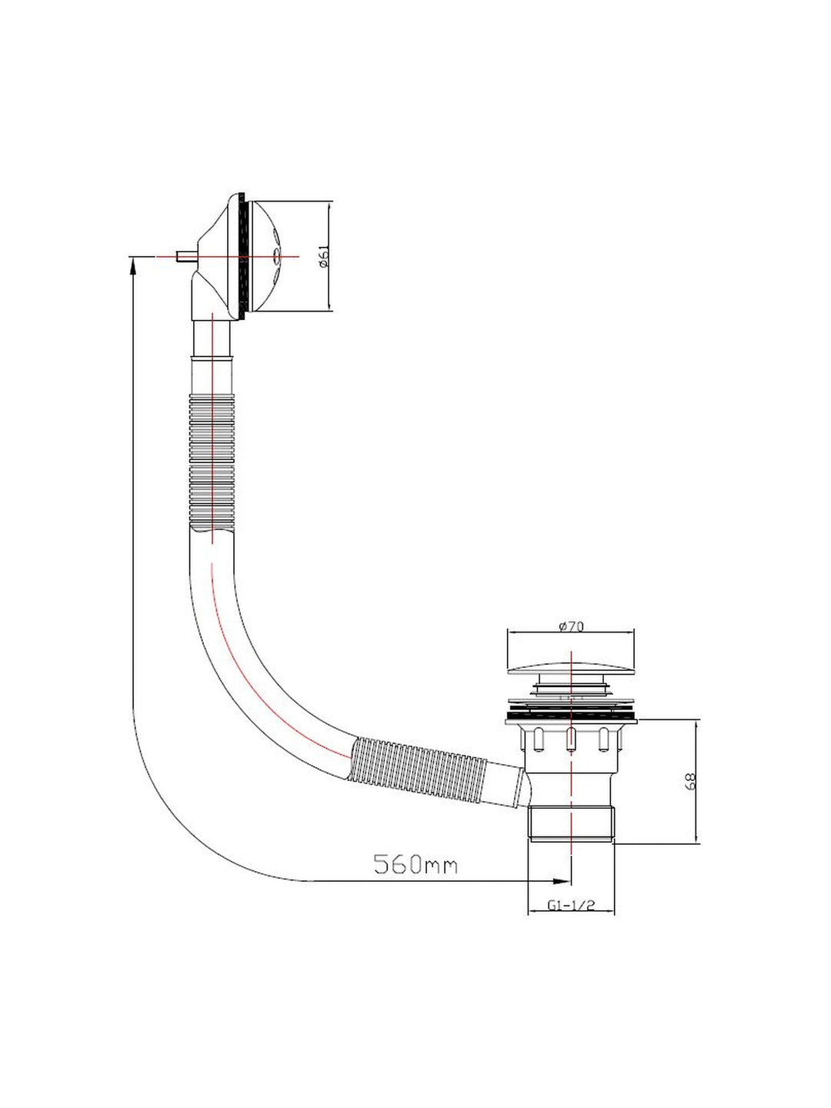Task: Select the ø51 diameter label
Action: [324, 256]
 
